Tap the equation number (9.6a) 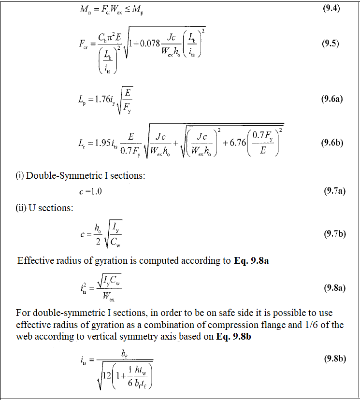point(332,99)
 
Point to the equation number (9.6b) point(332,143)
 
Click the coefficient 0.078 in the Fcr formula point(152,43)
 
